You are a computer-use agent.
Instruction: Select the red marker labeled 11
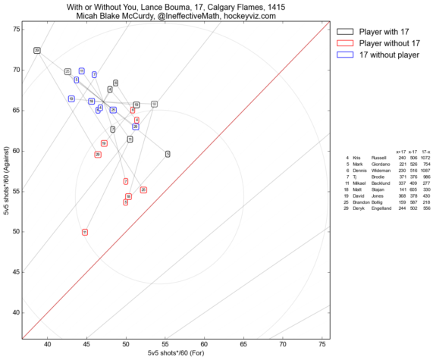click(x=85, y=232)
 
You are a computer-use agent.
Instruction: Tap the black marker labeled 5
click(x=168, y=154)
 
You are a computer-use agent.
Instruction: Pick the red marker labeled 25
click(x=143, y=189)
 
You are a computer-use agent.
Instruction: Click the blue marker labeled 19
click(x=71, y=99)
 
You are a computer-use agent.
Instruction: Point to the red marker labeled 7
click(x=126, y=181)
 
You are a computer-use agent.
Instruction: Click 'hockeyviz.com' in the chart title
click(x=258, y=14)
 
